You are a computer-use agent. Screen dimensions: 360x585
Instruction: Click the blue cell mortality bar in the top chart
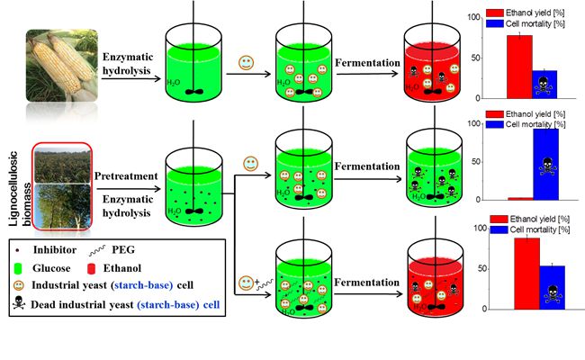coord(545,83)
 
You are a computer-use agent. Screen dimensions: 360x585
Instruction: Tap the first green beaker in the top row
coord(193,66)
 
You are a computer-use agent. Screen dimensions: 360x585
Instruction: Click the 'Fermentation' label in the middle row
coord(364,166)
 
